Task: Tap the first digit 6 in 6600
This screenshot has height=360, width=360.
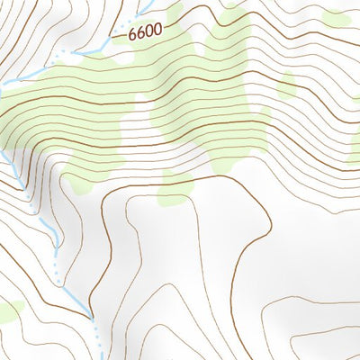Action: [x=131, y=35]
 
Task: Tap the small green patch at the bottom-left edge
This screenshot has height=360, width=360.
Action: [x=8, y=310]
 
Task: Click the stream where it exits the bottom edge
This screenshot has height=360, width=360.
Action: [x=97, y=356]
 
